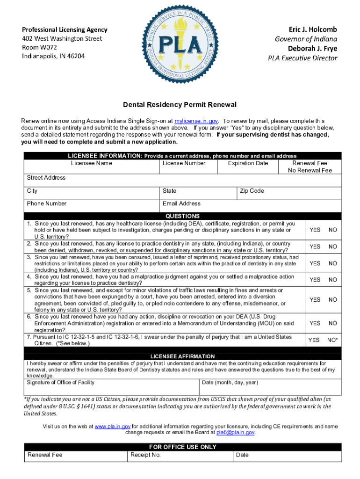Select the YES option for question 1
(315, 230)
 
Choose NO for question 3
(333, 263)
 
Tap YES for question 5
(315, 300)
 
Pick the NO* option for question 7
(332, 340)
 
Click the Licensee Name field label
(92, 163)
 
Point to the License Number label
(184, 163)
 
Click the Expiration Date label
(248, 163)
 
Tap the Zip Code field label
(252, 191)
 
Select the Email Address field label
(181, 203)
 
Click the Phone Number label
(47, 203)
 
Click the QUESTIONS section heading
(182, 216)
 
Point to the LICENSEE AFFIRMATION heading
(182, 356)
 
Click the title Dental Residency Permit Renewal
(180, 104)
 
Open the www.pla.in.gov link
(112, 427)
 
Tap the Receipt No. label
(146, 455)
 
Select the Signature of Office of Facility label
(61, 382)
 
